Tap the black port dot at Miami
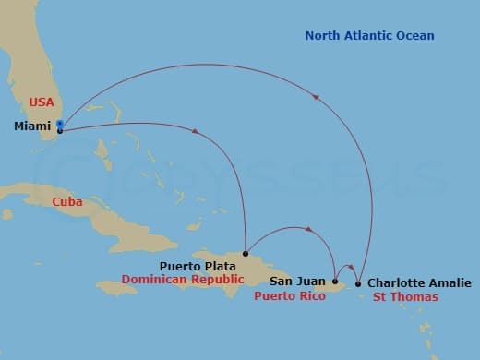(x=60, y=130)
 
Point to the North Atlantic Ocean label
(x=369, y=36)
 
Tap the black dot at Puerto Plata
(x=245, y=253)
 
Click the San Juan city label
(x=298, y=278)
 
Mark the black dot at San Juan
(x=335, y=282)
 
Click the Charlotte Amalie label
(x=419, y=282)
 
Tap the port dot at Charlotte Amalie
(x=358, y=283)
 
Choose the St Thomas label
(x=404, y=297)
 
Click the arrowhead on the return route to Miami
(x=319, y=96)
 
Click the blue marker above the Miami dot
(x=60, y=123)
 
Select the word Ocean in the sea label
(x=414, y=36)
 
